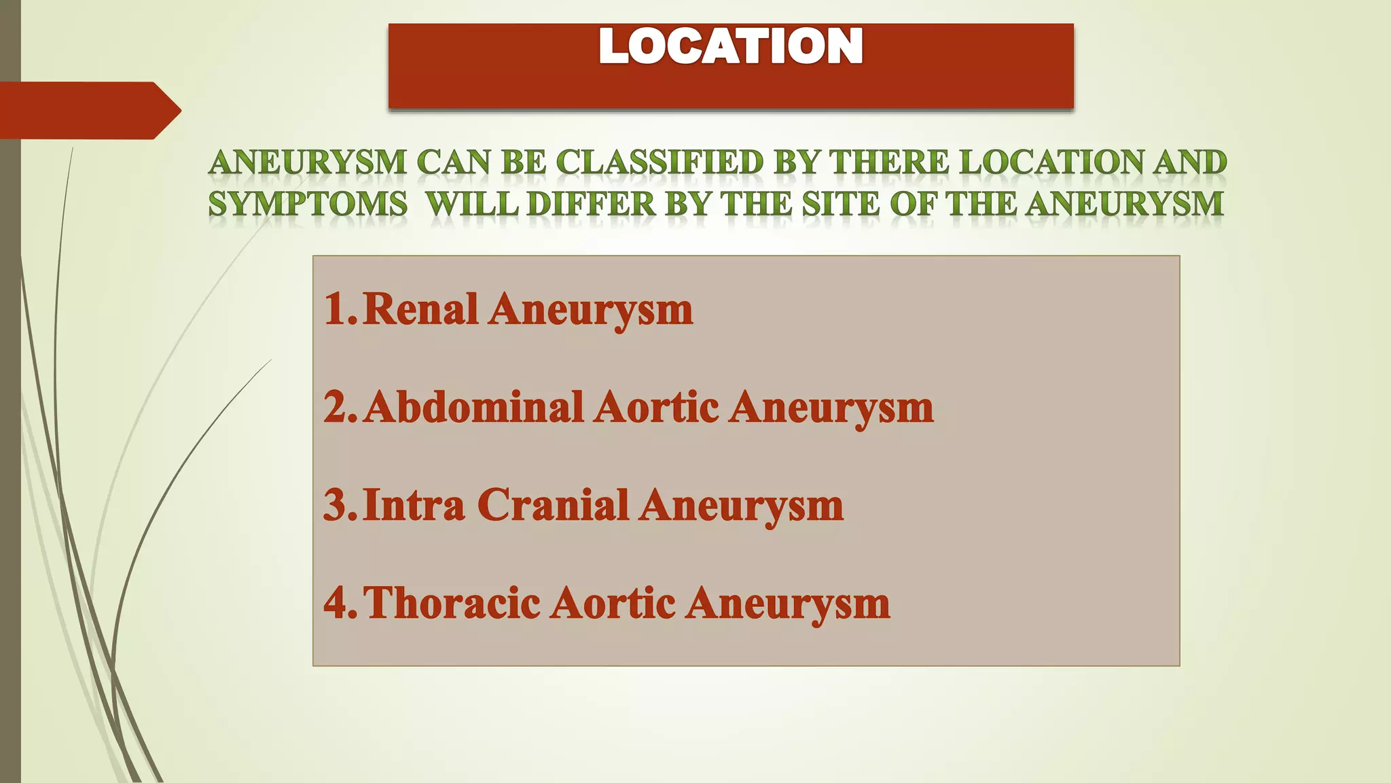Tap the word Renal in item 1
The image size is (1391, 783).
click(x=420, y=309)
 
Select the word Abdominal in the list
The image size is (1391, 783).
click(x=473, y=407)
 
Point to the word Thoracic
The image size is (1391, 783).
click(x=452, y=603)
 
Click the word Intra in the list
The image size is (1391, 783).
click(x=414, y=505)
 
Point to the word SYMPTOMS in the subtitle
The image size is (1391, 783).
click(x=308, y=204)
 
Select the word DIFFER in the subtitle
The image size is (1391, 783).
click(x=591, y=204)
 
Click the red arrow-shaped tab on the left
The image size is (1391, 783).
click(x=88, y=110)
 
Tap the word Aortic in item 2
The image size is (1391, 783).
click(x=656, y=407)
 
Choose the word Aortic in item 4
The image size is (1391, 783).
click(x=612, y=603)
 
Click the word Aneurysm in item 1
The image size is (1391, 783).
click(x=590, y=309)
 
